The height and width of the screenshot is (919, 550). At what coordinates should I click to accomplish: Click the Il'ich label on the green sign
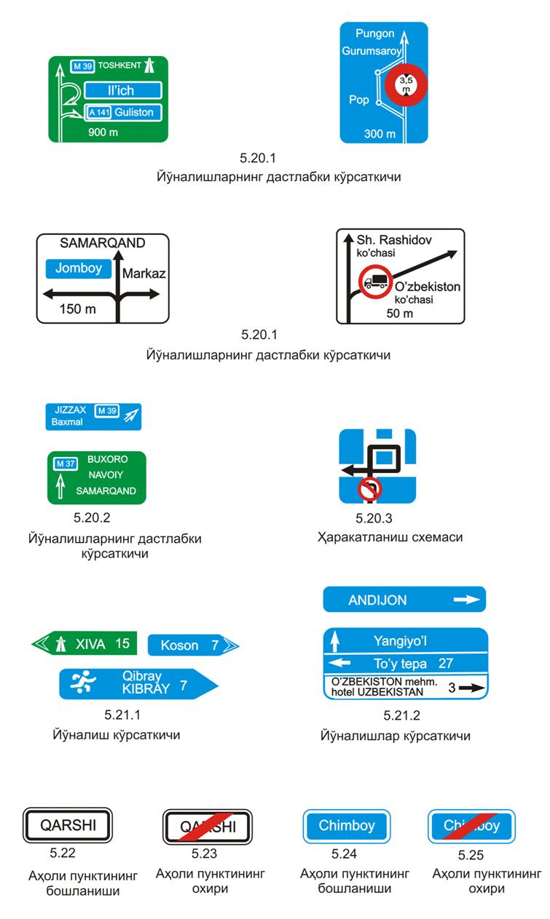(122, 90)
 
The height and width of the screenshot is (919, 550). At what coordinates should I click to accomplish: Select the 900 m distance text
(103, 132)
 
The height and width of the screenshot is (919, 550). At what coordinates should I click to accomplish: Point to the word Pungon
(374, 33)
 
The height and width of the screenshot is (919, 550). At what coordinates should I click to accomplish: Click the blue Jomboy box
(78, 268)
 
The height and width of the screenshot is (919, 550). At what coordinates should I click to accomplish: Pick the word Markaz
(144, 274)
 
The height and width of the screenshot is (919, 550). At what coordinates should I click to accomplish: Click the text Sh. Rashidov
(393, 239)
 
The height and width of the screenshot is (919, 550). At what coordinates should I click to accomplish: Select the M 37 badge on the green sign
(65, 464)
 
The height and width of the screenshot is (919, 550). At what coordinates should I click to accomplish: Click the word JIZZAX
(69, 410)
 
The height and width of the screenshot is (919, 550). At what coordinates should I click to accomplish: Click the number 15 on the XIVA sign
(122, 643)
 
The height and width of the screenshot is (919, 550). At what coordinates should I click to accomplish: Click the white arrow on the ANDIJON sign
(467, 600)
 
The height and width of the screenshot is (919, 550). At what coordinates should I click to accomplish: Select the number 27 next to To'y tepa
(445, 664)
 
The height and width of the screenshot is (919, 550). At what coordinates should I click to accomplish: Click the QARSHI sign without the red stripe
(68, 825)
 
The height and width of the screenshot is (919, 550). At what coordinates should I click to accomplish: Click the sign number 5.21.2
(401, 716)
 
